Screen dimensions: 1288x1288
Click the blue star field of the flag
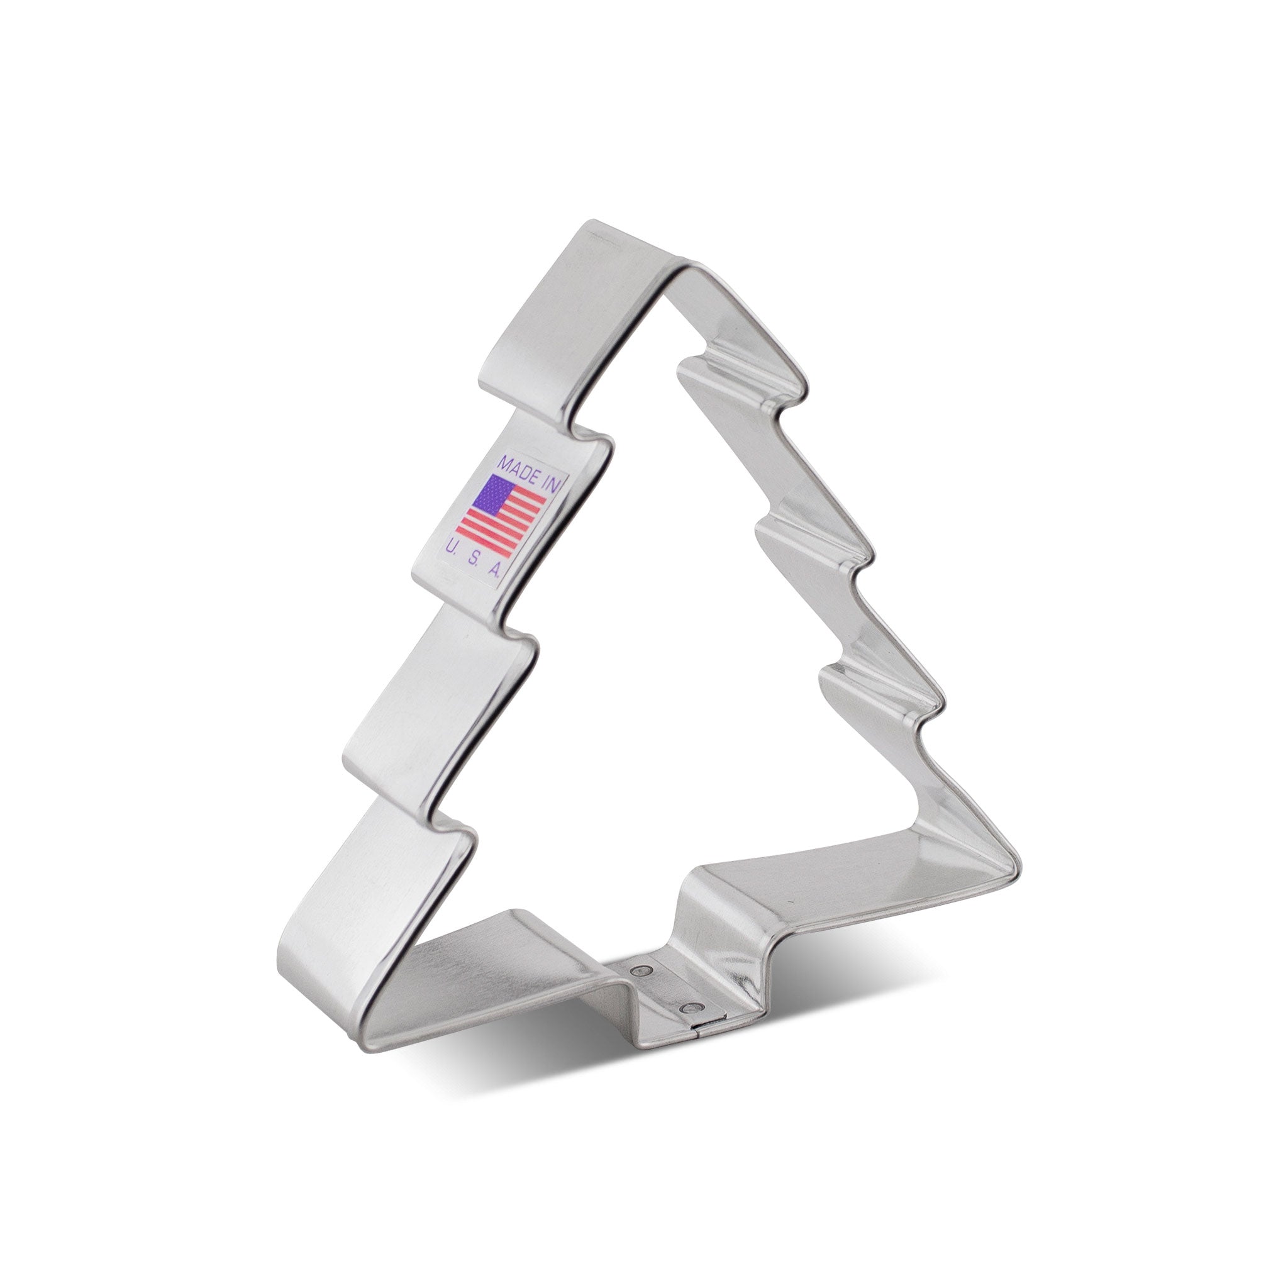tap(492, 495)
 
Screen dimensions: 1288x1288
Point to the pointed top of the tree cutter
tap(674, 267)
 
